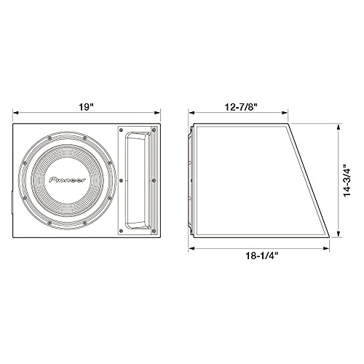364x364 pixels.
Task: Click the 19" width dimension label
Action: click(86, 107)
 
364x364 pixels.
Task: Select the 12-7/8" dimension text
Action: click(241, 107)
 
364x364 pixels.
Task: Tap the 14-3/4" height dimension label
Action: click(347, 181)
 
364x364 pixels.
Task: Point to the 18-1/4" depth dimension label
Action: click(262, 256)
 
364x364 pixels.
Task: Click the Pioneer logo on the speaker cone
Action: click(68, 180)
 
